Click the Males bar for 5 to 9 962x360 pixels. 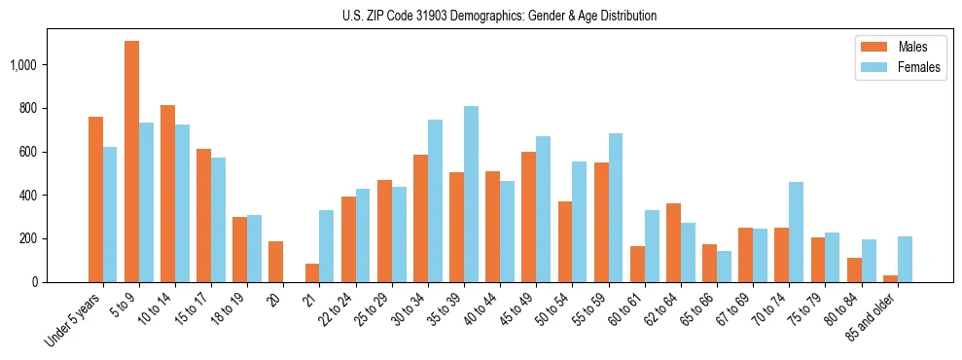coord(131,162)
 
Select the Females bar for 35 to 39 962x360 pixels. coord(471,194)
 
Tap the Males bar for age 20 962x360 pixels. coord(275,262)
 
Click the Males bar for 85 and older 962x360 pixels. coord(890,278)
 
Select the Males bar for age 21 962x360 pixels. coord(312,272)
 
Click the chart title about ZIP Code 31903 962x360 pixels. coord(499,16)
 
